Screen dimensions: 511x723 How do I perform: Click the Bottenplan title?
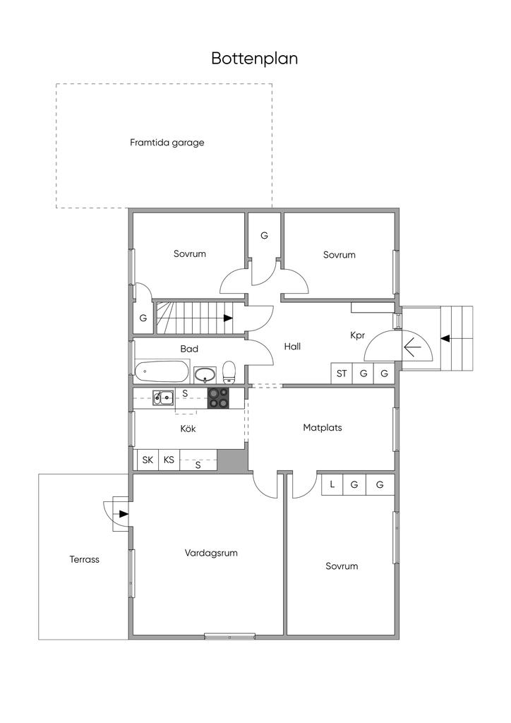pyautogui.click(x=254, y=59)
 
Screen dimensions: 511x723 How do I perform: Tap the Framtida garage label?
pyautogui.click(x=167, y=143)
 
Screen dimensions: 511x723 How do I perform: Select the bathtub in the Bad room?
pyautogui.click(x=162, y=371)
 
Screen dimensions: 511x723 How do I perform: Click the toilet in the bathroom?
pyautogui.click(x=229, y=373)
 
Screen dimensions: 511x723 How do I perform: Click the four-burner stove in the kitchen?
pyautogui.click(x=218, y=398)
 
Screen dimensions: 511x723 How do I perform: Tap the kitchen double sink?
pyautogui.click(x=164, y=398)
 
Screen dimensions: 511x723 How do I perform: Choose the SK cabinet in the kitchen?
pyautogui.click(x=148, y=460)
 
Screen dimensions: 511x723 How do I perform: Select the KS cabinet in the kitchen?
pyautogui.click(x=169, y=460)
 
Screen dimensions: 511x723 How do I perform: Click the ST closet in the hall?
pyautogui.click(x=342, y=374)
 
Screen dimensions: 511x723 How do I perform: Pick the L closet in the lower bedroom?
pyautogui.click(x=332, y=484)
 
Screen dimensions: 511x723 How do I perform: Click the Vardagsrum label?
pyautogui.click(x=211, y=552)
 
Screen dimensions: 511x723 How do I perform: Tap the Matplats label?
pyautogui.click(x=323, y=427)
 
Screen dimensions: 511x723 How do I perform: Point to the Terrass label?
pyautogui.click(x=84, y=559)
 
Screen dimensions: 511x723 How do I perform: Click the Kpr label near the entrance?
pyautogui.click(x=358, y=335)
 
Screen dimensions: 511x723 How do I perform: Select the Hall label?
pyautogui.click(x=292, y=346)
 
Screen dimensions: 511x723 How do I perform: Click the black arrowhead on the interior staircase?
pyautogui.click(x=228, y=318)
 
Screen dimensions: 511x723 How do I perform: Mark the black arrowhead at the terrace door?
pyautogui.click(x=123, y=514)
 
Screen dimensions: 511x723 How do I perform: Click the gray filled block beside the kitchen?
pyautogui.click(x=233, y=460)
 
